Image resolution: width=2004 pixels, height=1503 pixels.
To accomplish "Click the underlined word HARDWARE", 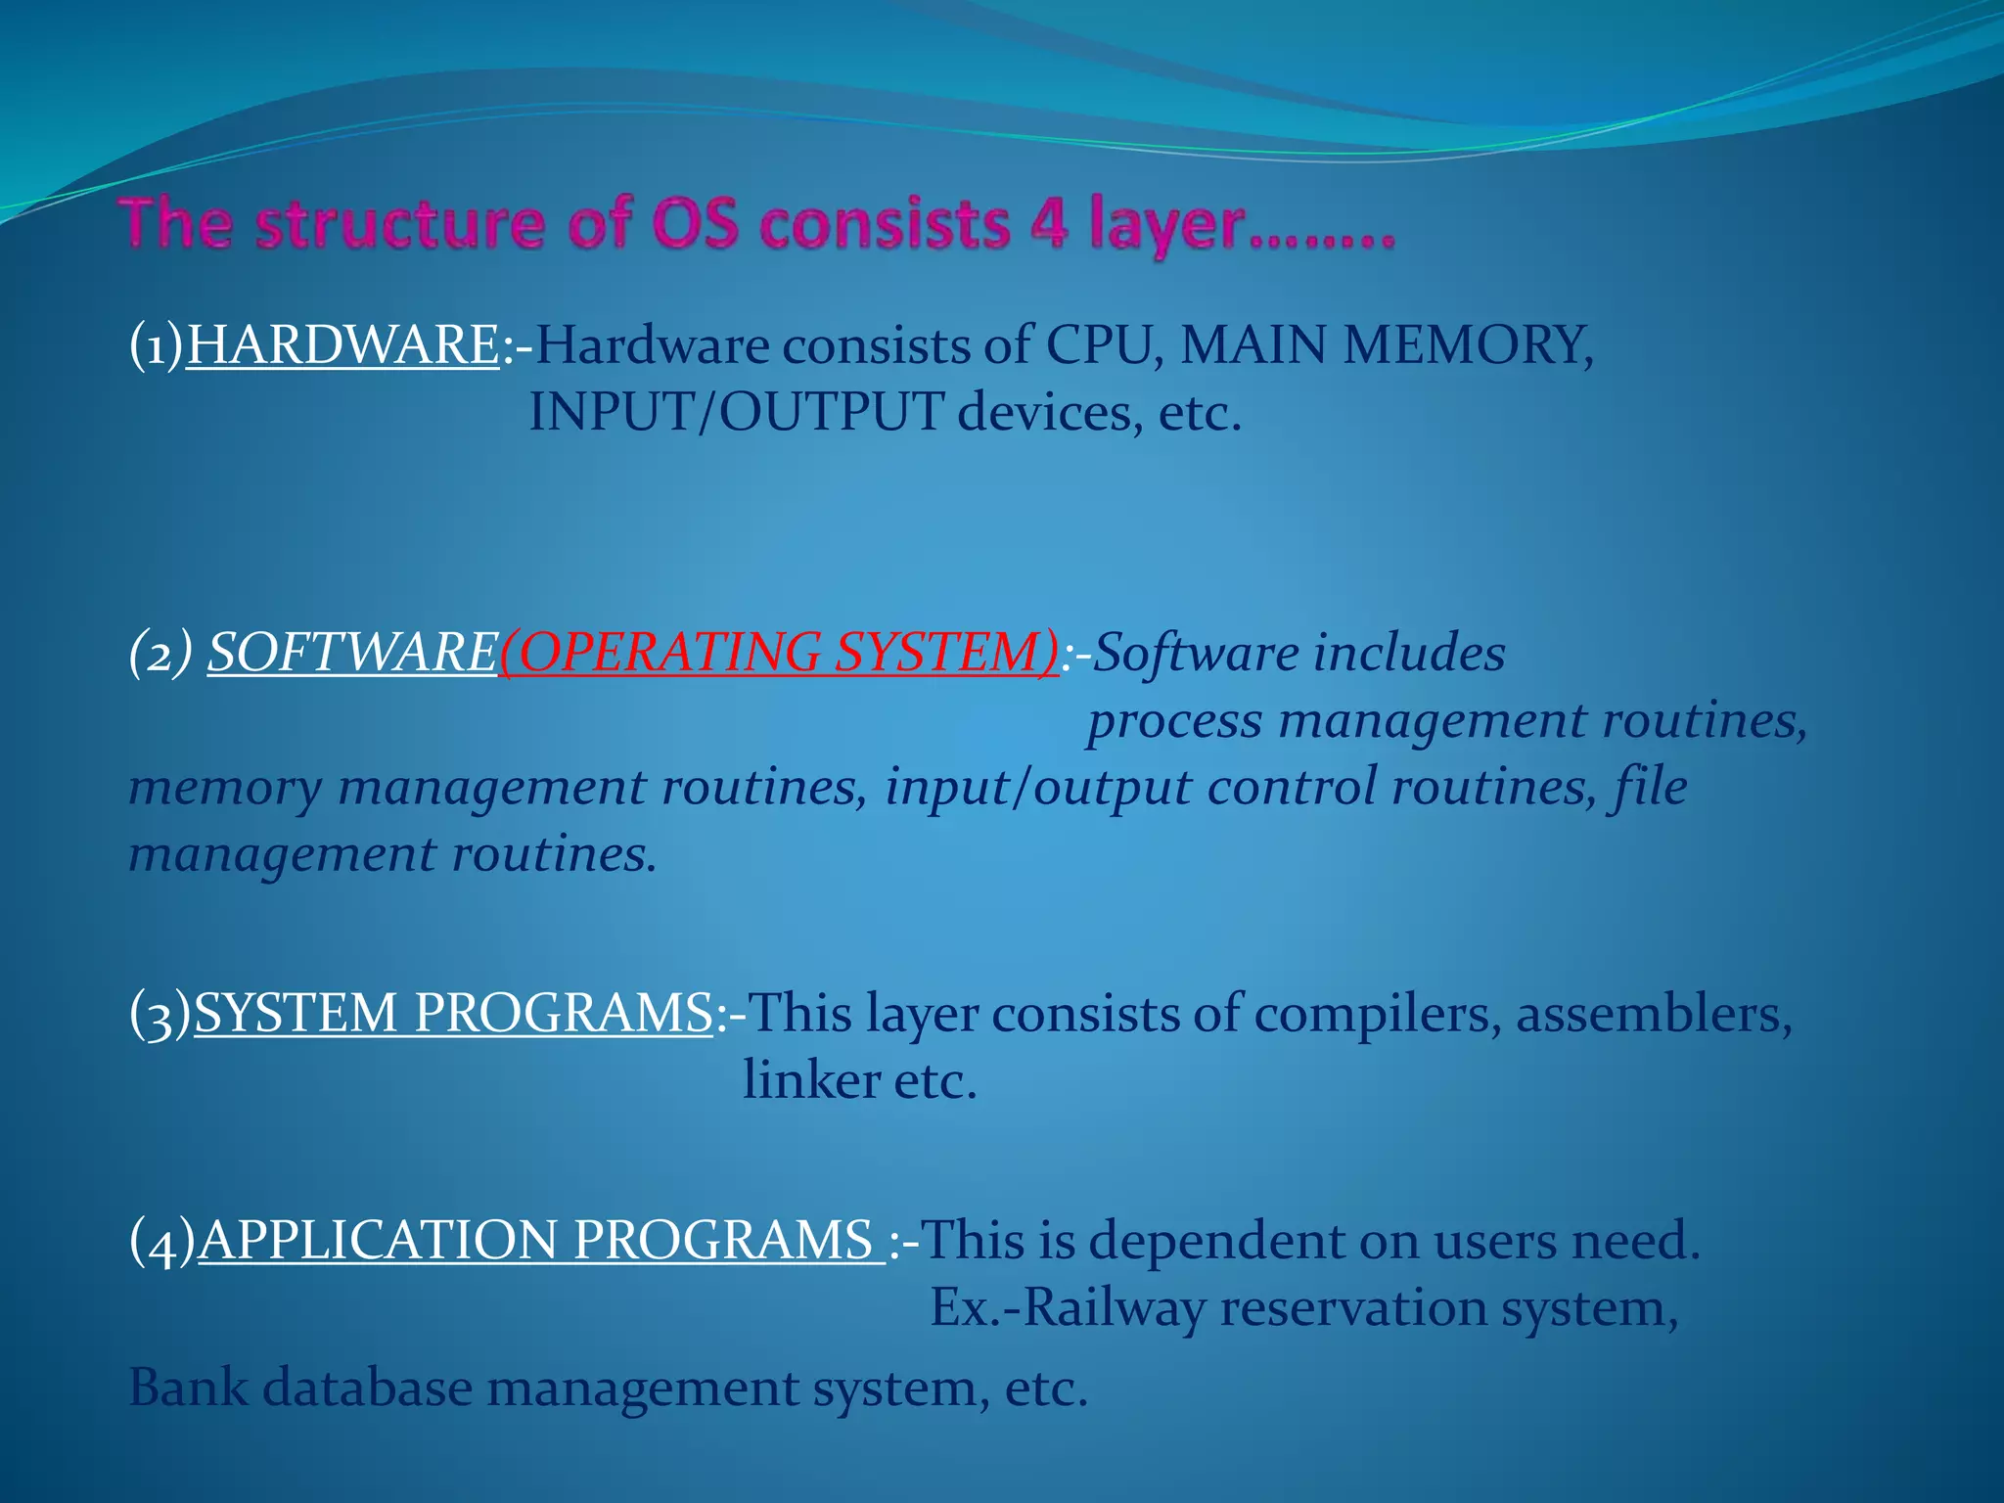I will (342, 345).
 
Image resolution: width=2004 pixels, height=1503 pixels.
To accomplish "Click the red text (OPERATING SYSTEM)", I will (779, 652).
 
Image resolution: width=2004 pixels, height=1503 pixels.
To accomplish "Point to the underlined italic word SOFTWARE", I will (352, 652).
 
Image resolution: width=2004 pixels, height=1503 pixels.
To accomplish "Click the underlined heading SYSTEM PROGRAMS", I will (453, 1013).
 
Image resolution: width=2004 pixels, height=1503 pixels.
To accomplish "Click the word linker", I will (811, 1080).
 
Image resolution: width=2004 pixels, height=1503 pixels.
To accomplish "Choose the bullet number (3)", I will (160, 1015).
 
